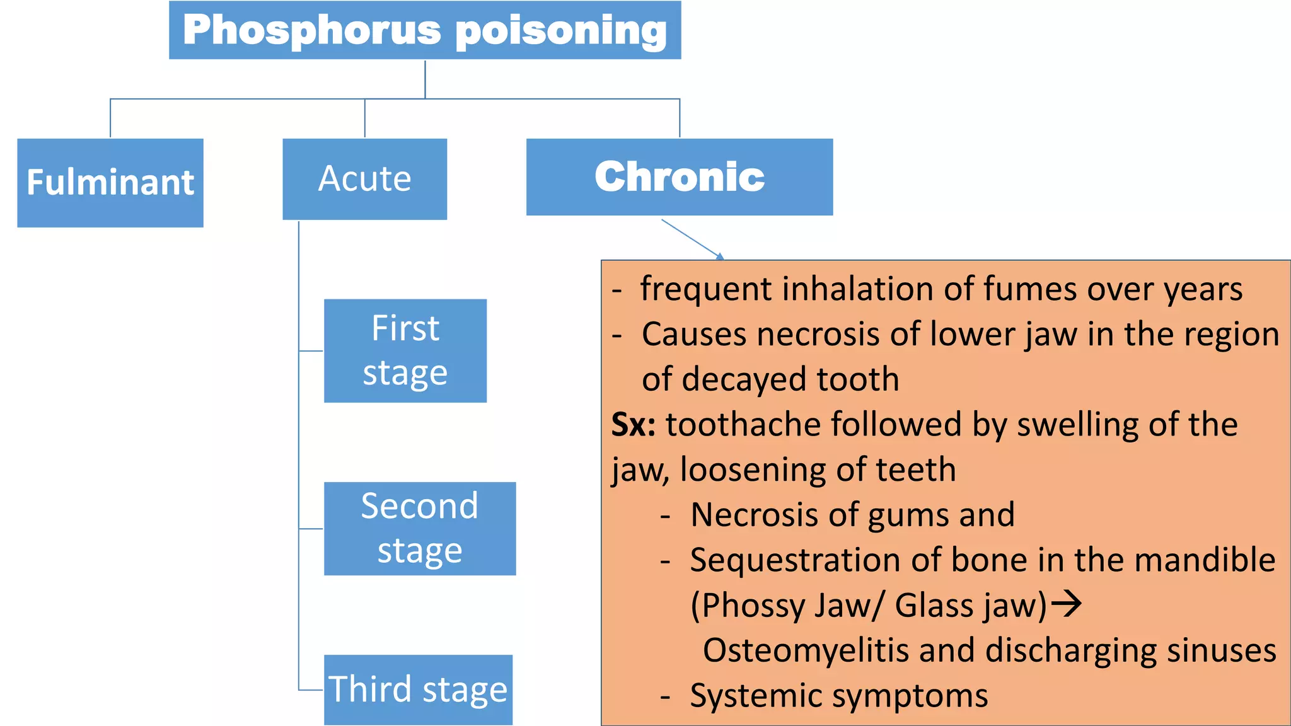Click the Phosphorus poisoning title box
(424, 30)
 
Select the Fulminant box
(110, 183)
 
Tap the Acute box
(364, 179)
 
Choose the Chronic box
(679, 177)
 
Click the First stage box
(405, 350)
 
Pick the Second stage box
(419, 528)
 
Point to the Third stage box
(418, 689)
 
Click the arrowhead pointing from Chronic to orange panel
(720, 256)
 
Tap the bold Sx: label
(633, 425)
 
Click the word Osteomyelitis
(805, 650)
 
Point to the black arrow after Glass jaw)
(1067, 605)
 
